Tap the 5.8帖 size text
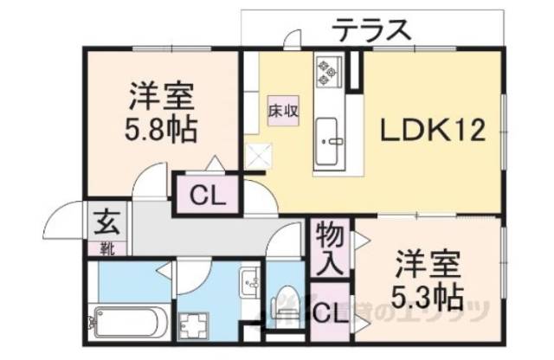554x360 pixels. click(160, 131)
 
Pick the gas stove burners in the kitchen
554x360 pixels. click(330, 73)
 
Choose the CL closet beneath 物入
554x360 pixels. click(331, 314)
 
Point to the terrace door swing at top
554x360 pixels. click(293, 39)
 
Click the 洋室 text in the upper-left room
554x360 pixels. click(161, 93)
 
